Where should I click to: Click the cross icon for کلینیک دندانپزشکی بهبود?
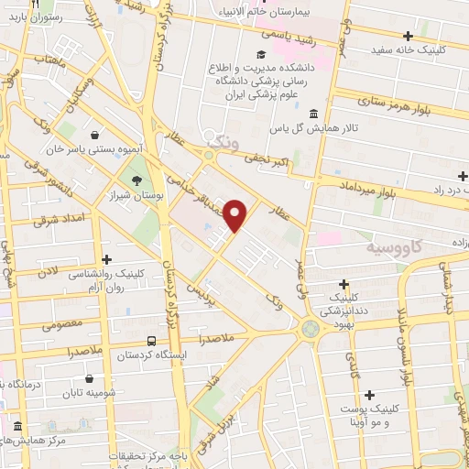tap(344, 286)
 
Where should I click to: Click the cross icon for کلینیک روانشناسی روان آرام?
tap(108, 258)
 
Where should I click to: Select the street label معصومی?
tap(63, 323)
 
